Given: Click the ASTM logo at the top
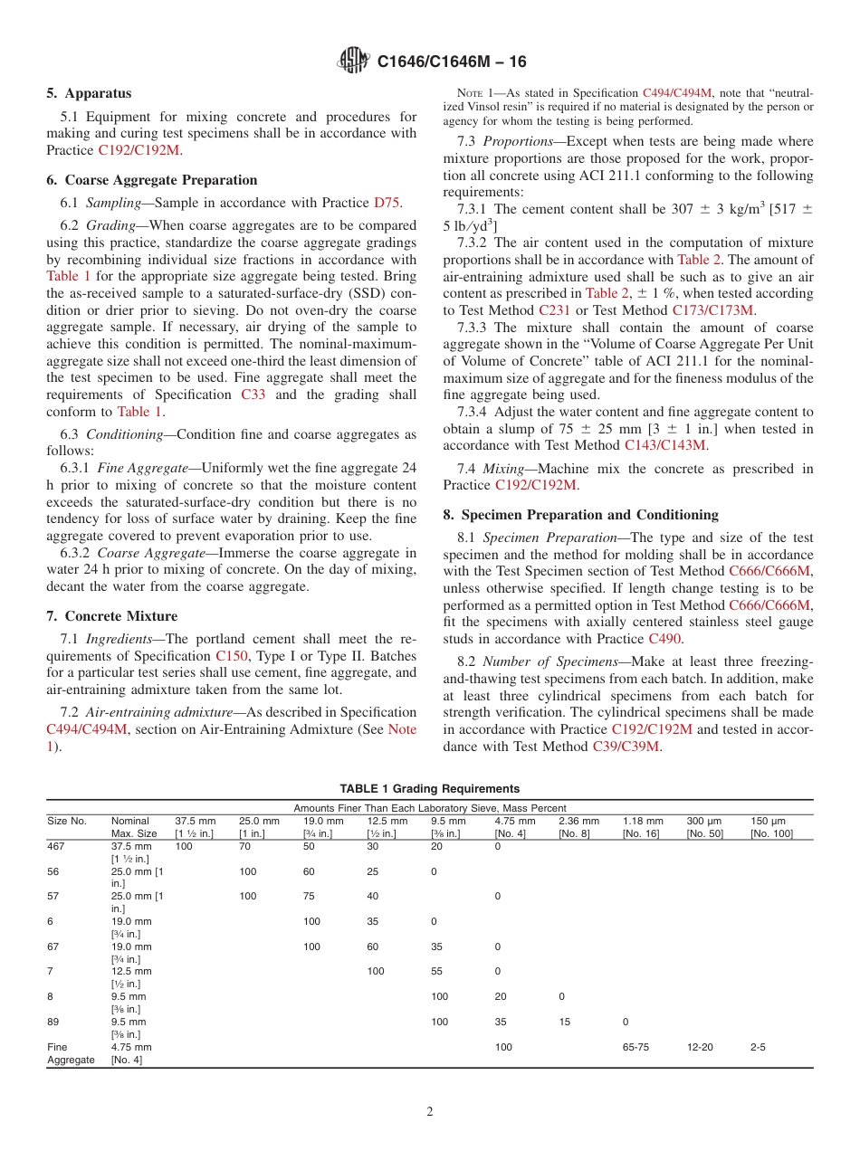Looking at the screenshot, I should [x=353, y=61].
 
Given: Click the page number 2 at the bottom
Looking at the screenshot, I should [x=430, y=1112].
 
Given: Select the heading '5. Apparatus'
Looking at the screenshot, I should [x=89, y=93].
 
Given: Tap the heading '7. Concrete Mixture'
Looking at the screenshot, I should [x=111, y=616].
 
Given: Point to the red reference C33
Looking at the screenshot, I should [x=254, y=395].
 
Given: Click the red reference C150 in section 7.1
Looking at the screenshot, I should [x=231, y=656].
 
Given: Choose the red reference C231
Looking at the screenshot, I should [x=554, y=309].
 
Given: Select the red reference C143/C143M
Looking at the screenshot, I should [x=665, y=445].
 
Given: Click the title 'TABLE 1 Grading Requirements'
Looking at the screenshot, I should [x=429, y=789].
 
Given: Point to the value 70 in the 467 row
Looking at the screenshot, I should [x=244, y=846].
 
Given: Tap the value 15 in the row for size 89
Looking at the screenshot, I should [x=564, y=1022].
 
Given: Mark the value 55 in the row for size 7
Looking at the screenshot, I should [x=436, y=971].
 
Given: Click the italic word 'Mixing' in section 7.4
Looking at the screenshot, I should [x=503, y=468].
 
